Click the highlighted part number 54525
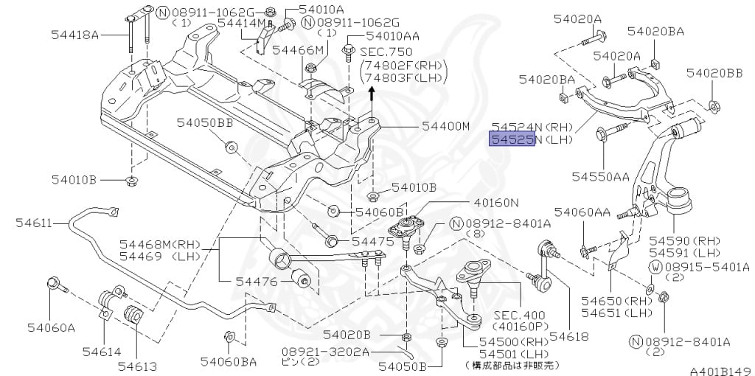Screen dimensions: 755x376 (x=512, y=139)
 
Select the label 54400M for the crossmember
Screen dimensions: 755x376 (x=445, y=127)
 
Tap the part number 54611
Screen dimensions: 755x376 (x=33, y=223)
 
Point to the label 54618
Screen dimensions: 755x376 (x=569, y=336)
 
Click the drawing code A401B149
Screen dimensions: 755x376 (x=721, y=371)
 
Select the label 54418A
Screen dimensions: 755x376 (x=74, y=35)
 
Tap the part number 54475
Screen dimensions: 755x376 (x=372, y=242)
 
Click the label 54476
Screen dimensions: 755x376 (x=257, y=281)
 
